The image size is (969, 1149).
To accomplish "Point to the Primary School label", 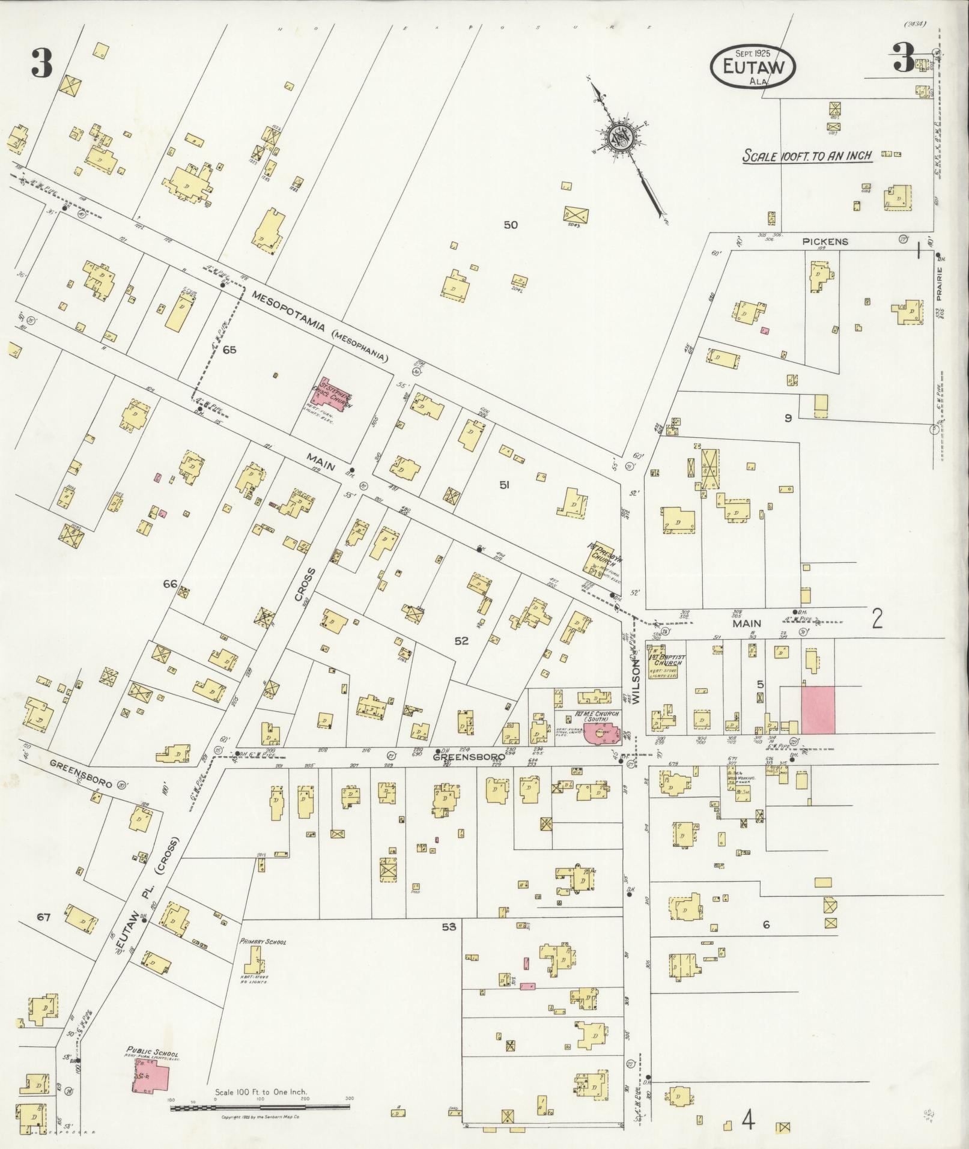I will point(263,941).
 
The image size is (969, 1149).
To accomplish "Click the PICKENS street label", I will point(817,241).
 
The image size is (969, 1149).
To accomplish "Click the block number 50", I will point(511,225).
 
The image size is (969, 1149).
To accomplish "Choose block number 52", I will point(461,641).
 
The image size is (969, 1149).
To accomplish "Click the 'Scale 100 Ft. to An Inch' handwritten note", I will point(807,156).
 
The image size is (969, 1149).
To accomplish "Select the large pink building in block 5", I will point(818,710).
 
